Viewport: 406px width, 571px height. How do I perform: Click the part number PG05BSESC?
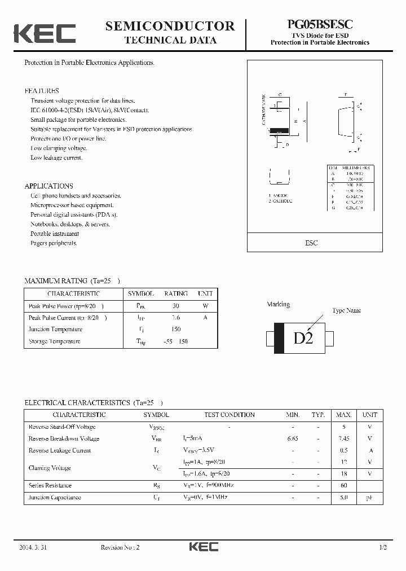click(x=320, y=25)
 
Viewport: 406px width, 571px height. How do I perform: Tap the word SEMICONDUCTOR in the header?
click(x=170, y=26)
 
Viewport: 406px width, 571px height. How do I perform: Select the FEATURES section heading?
click(x=42, y=91)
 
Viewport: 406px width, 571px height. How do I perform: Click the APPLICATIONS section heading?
click(x=48, y=186)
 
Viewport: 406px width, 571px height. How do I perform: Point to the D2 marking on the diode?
click(x=303, y=339)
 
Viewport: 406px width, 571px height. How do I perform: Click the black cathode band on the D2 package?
click(x=279, y=339)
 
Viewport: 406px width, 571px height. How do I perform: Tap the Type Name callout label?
click(x=346, y=311)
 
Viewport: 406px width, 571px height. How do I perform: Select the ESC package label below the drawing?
click(x=311, y=243)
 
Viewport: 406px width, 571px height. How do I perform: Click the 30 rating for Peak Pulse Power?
click(x=176, y=306)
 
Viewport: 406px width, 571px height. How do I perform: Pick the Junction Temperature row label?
click(x=55, y=330)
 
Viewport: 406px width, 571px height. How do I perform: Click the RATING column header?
click(x=176, y=294)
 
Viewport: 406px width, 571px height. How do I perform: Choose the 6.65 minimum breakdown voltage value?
click(x=292, y=438)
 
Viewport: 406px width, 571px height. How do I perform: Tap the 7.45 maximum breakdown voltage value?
click(x=343, y=438)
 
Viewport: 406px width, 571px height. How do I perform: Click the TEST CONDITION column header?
click(x=230, y=415)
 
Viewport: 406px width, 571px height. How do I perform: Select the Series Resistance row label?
click(x=50, y=485)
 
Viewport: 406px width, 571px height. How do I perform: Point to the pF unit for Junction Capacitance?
click(x=370, y=498)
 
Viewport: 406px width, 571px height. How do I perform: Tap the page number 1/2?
click(x=383, y=547)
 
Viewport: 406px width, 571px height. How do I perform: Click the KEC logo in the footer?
click(x=203, y=547)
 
